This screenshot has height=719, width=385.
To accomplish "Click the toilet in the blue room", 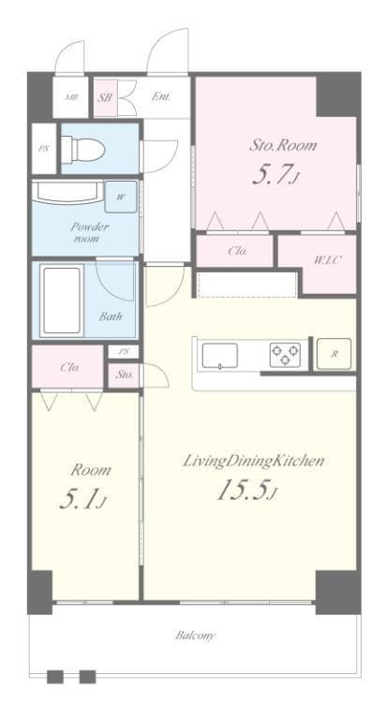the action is [83, 148].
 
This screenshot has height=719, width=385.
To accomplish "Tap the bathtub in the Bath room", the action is [62, 300].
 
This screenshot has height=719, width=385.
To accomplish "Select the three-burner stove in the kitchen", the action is [285, 355].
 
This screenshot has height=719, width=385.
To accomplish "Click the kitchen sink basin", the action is [220, 356].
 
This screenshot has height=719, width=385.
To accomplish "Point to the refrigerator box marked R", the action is [334, 354].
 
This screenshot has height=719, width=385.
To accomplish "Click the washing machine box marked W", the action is [121, 197].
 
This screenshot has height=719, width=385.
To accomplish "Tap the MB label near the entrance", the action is [70, 97].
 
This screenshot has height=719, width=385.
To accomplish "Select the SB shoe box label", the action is [105, 97].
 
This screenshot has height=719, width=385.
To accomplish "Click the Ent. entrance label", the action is [161, 97].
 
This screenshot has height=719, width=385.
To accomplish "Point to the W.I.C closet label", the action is [327, 261].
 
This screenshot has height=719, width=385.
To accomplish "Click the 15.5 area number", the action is [247, 492].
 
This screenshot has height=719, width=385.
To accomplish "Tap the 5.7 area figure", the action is [276, 175].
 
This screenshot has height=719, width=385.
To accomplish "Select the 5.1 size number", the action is [83, 499].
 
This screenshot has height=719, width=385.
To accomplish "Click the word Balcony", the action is [195, 636].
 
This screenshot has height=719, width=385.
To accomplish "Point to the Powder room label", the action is [90, 232].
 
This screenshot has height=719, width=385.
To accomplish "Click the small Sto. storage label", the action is [124, 374].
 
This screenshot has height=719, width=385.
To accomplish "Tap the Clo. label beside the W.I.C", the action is [238, 251].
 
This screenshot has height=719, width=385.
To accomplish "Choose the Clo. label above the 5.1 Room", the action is [70, 367].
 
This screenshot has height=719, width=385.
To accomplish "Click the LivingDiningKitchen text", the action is [254, 461].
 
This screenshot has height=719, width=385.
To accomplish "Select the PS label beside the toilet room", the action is [44, 149].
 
